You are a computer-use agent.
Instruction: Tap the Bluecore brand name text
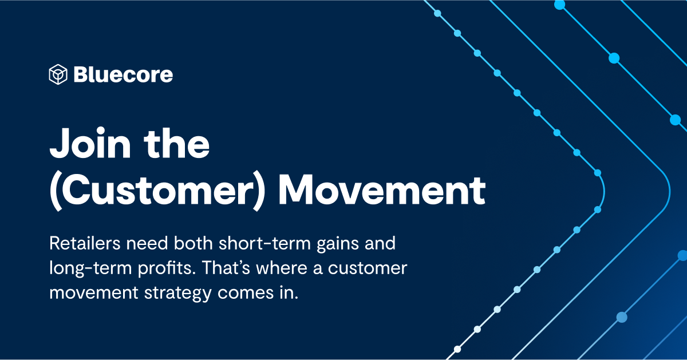123,74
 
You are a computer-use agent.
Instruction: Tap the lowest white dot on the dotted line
457,349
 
